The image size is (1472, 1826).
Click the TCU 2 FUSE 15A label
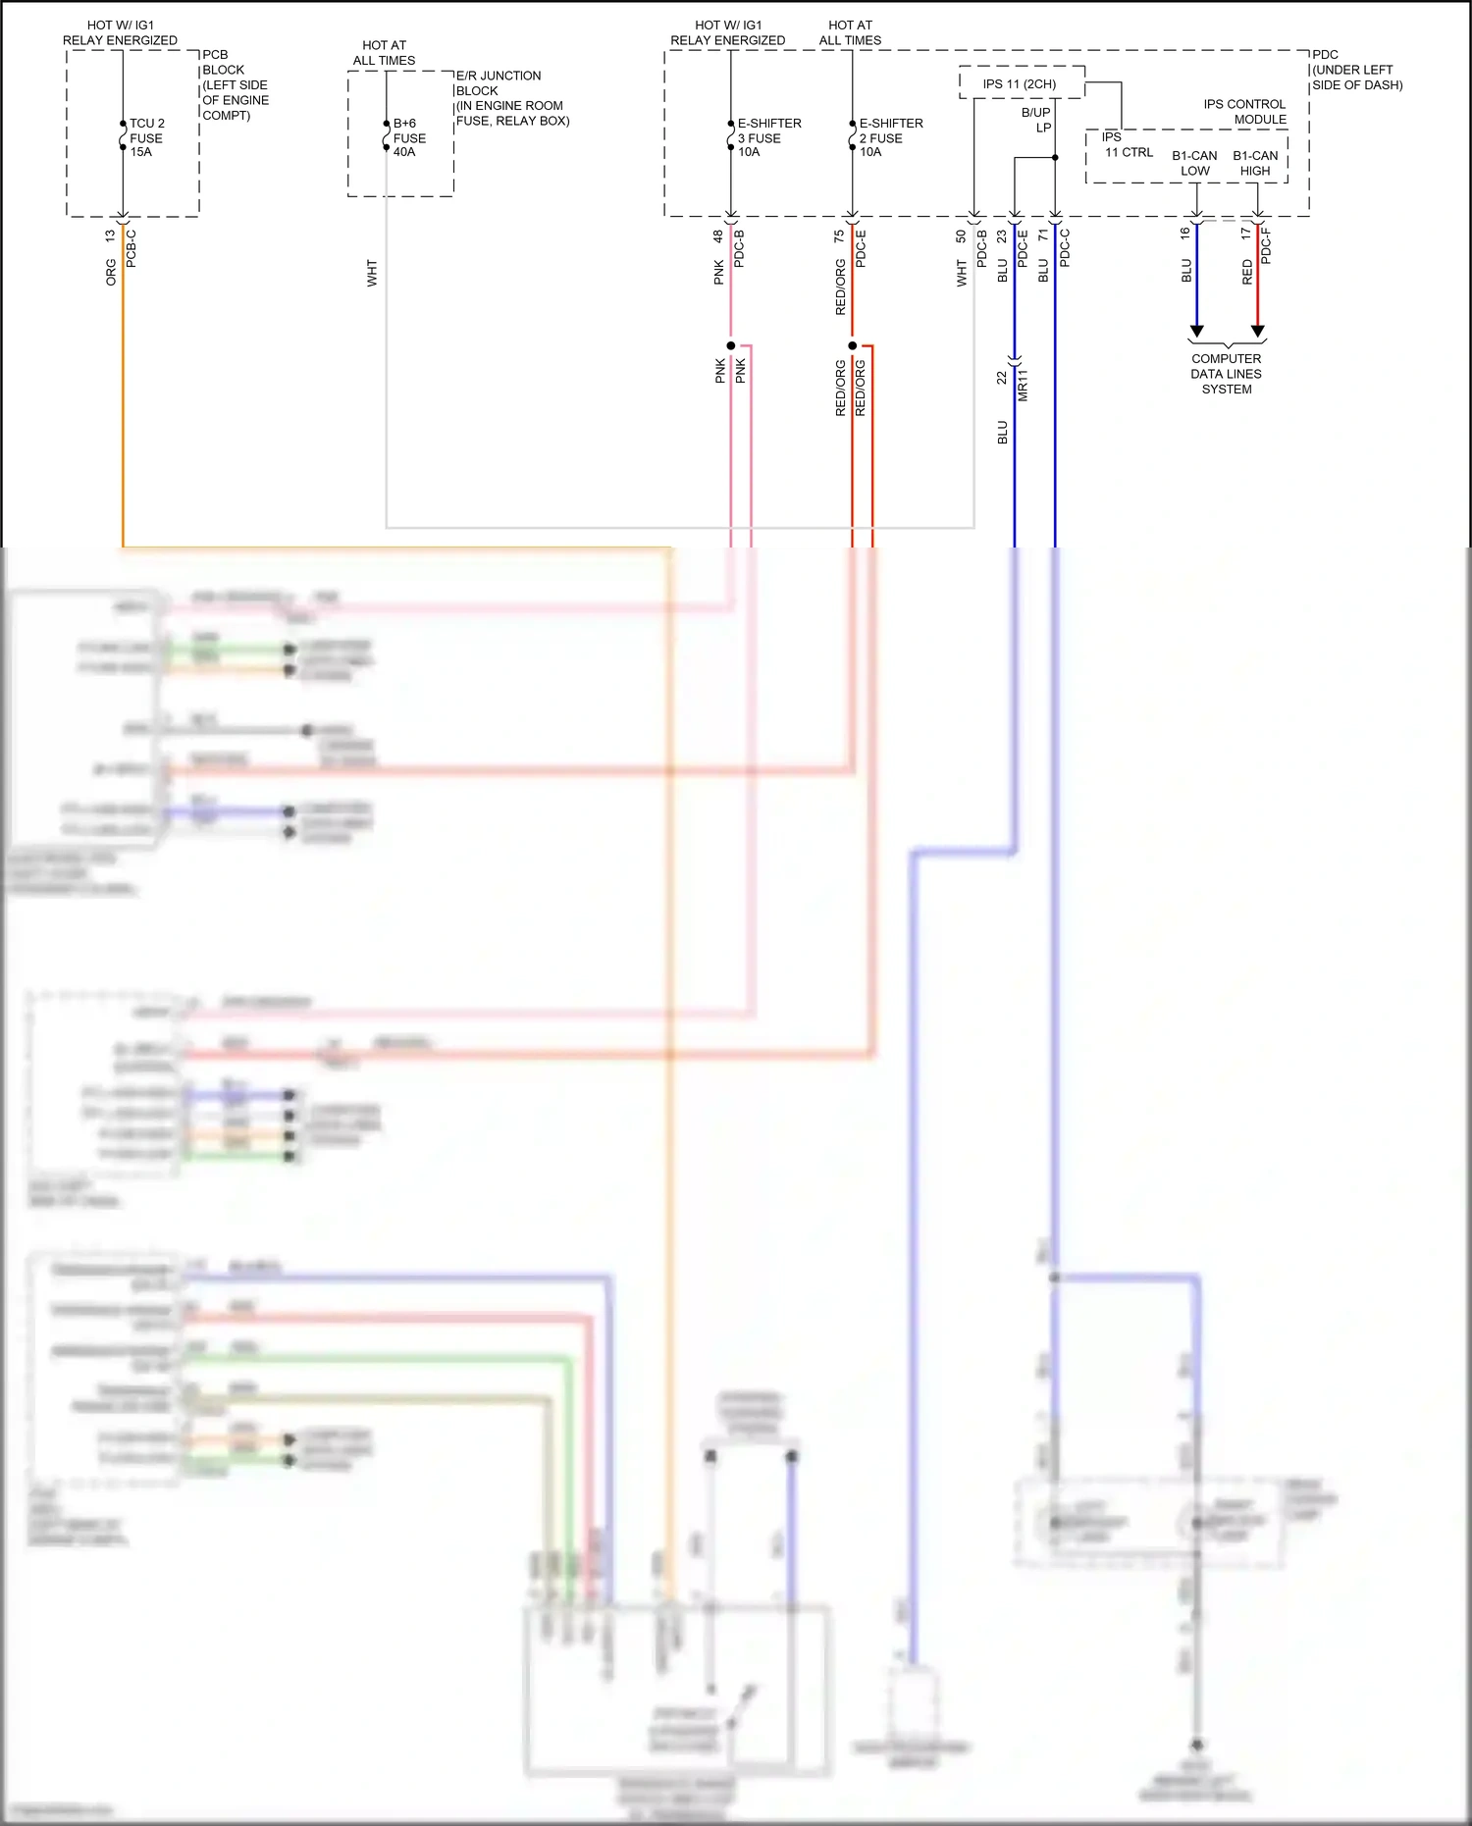pyautogui.click(x=146, y=137)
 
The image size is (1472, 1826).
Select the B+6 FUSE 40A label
pyautogui.click(x=409, y=137)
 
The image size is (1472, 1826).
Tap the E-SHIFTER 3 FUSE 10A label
pyautogui.click(x=768, y=137)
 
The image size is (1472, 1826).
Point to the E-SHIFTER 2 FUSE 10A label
pyautogui.click(x=890, y=137)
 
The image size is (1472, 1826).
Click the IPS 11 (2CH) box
pyautogui.click(x=1021, y=83)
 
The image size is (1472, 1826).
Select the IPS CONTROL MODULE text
pyautogui.click(x=1244, y=112)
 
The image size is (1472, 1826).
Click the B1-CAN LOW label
pyautogui.click(x=1194, y=163)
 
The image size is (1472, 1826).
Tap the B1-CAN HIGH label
pyautogui.click(x=1255, y=163)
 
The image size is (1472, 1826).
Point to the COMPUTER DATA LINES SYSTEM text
pyautogui.click(x=1227, y=374)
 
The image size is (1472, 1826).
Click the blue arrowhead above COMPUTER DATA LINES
pyautogui.click(x=1196, y=331)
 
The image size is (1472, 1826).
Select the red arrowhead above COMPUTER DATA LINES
pyautogui.click(x=1258, y=331)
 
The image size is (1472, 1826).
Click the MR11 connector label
pyautogui.click(x=1023, y=385)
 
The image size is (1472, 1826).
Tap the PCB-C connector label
pyautogui.click(x=131, y=248)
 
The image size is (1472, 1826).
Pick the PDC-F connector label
pyautogui.click(x=1266, y=245)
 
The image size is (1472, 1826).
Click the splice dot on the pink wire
pyautogui.click(x=731, y=345)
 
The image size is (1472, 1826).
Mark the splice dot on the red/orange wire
pyautogui.click(x=852, y=345)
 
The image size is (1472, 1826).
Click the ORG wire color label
pyautogui.click(x=111, y=273)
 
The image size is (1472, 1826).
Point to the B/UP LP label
pyautogui.click(x=1036, y=120)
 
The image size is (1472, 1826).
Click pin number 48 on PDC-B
pyautogui.click(x=718, y=236)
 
